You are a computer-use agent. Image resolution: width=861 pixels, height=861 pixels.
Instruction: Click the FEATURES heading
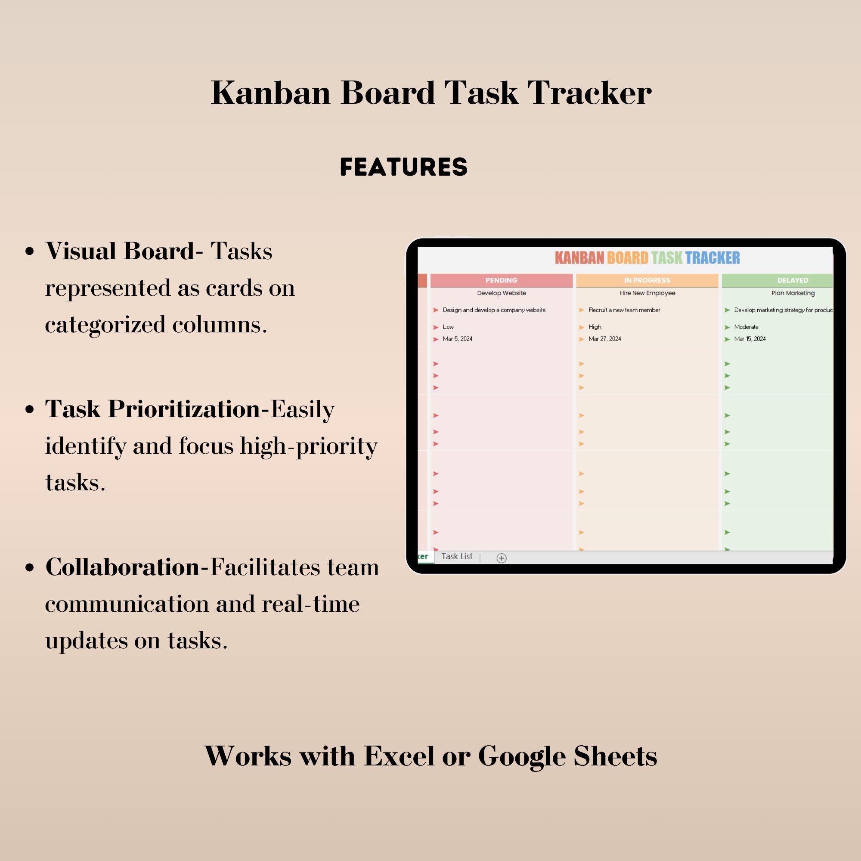point(403,167)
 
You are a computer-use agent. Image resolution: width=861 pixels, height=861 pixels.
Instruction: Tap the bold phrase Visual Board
point(119,251)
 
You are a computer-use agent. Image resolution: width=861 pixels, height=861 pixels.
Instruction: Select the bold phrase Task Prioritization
point(152,409)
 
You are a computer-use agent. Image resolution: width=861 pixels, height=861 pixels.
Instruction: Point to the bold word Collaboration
point(123,567)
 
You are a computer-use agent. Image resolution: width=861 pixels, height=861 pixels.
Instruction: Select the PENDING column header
point(501,280)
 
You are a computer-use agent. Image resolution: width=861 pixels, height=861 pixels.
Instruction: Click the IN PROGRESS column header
point(647,280)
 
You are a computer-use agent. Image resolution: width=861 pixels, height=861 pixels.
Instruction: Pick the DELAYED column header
point(793,280)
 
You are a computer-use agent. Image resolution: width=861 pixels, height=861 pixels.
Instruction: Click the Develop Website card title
point(502,293)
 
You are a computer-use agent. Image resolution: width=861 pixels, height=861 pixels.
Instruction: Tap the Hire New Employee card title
point(647,293)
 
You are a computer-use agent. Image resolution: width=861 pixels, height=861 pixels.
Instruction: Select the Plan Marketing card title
point(793,293)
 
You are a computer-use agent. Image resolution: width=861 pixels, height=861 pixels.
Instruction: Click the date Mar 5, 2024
point(457,339)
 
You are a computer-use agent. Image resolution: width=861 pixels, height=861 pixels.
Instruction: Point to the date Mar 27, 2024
point(604,339)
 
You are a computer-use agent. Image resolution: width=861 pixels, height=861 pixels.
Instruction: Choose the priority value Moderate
point(746,327)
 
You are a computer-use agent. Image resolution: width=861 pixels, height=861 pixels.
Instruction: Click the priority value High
point(595,327)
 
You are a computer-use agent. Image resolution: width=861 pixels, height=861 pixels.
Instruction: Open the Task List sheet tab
point(457,556)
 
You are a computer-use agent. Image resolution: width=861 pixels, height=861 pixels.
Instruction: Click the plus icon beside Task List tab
point(502,558)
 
